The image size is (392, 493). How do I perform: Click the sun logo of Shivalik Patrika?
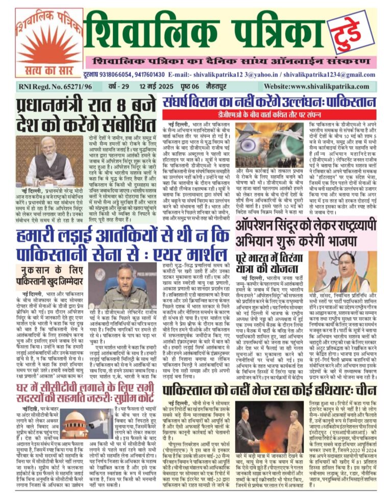point(42,43)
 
